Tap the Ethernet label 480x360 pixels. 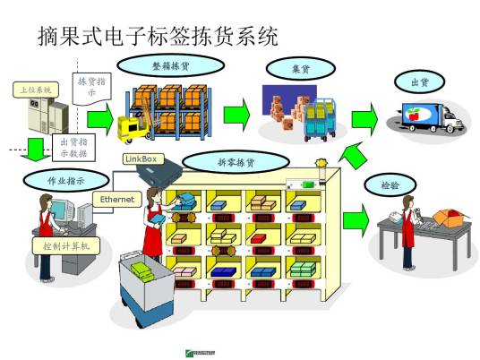coord(116,199)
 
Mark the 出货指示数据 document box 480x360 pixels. coord(73,147)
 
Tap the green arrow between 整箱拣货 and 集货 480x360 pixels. coord(236,115)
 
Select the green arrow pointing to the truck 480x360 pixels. coord(364,119)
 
